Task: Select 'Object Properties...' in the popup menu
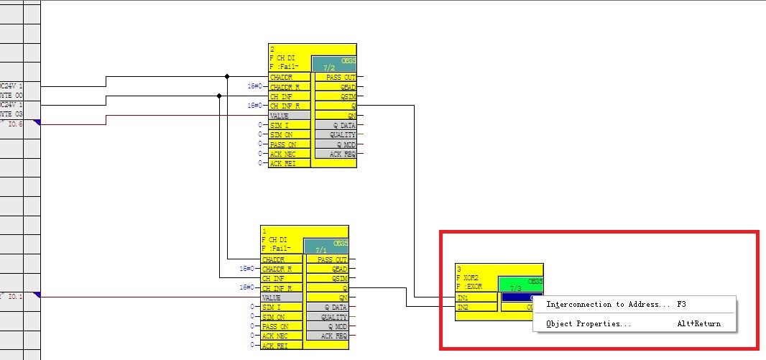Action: point(589,324)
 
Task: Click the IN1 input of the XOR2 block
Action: point(476,297)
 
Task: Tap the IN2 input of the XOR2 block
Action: point(476,307)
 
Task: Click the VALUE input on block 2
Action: point(290,116)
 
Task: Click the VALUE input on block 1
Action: point(282,297)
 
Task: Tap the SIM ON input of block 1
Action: point(282,317)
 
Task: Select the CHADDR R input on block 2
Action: point(290,87)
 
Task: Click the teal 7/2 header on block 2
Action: point(333,64)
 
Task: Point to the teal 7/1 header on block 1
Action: point(326,246)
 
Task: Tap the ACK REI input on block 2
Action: point(290,164)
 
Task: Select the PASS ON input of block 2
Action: point(290,144)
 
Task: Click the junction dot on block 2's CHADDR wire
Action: point(228,76)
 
